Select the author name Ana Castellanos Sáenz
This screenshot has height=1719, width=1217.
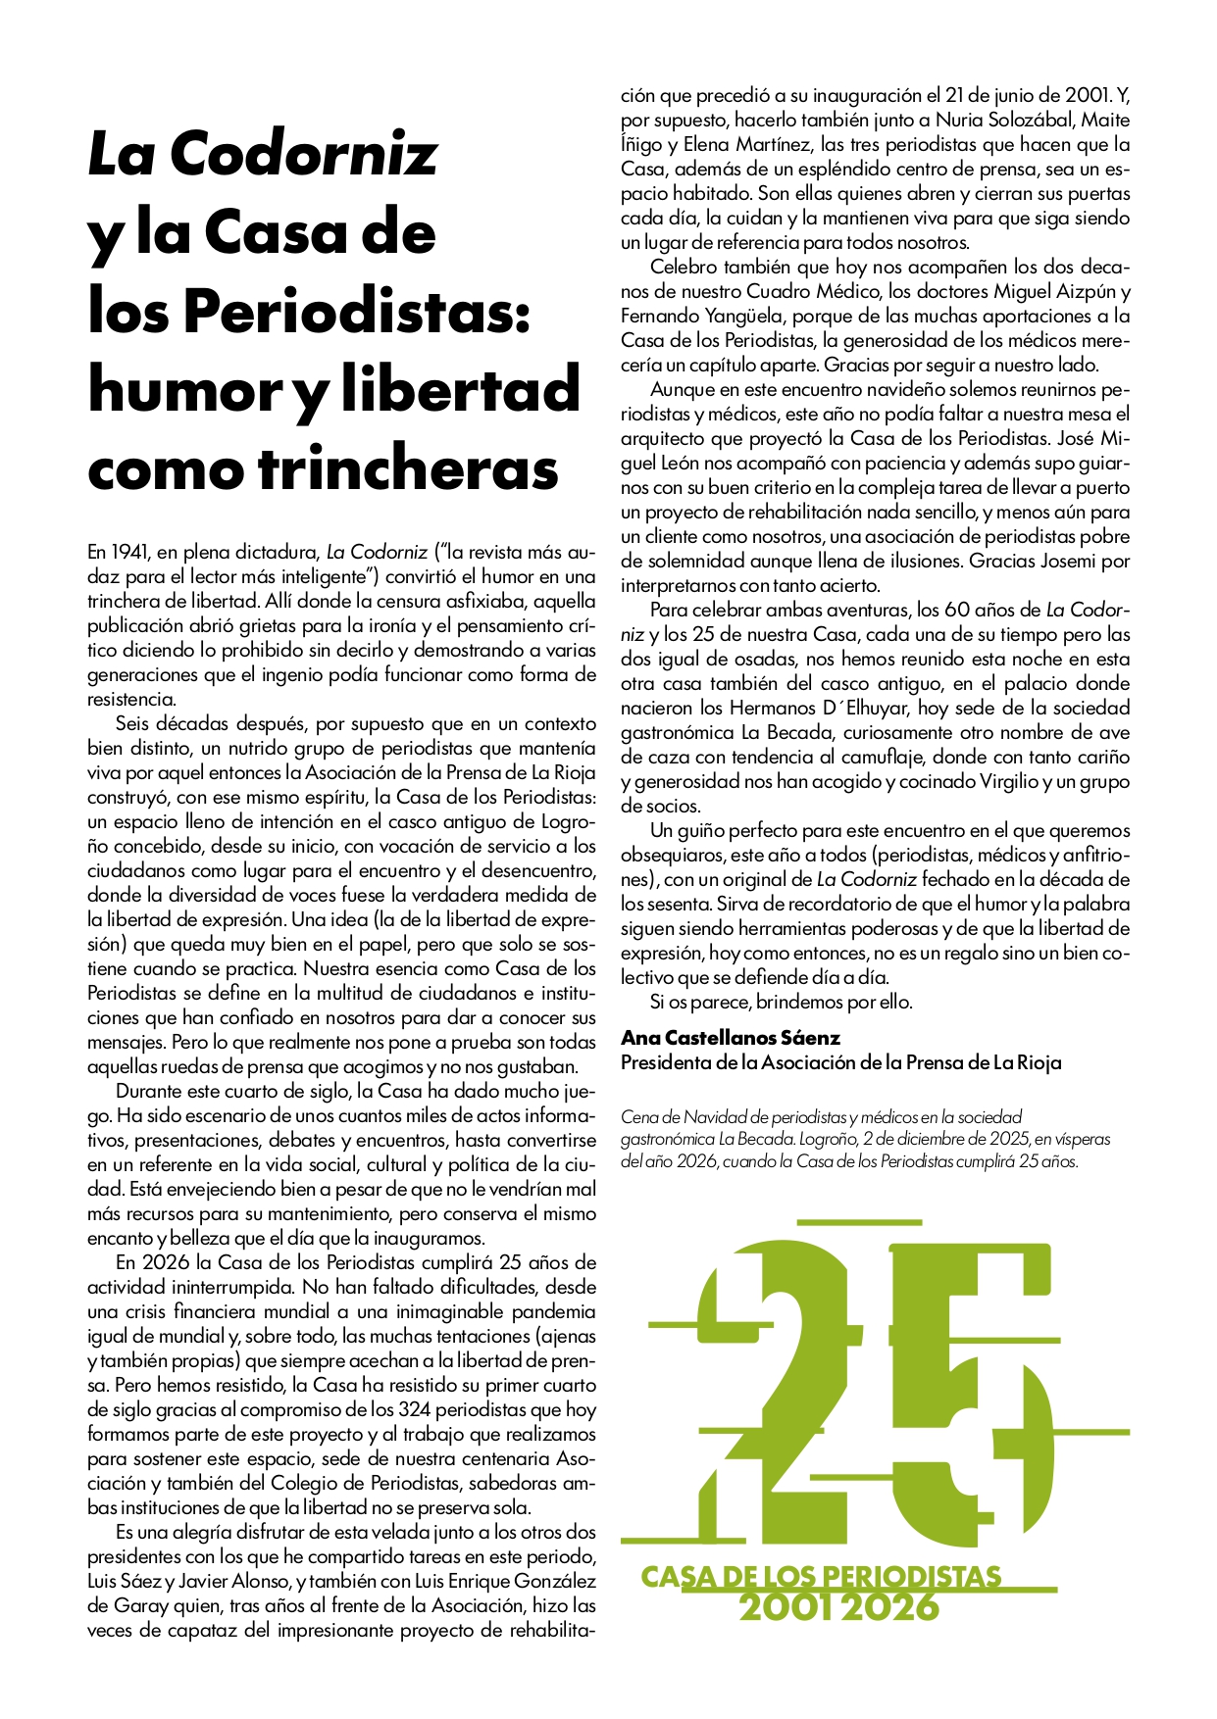tap(731, 1037)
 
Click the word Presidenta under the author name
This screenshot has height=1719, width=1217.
tap(670, 1061)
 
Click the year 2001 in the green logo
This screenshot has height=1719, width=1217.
tap(786, 1607)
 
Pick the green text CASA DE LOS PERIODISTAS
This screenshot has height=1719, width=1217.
tap(821, 1577)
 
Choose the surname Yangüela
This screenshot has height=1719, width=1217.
tap(742, 316)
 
